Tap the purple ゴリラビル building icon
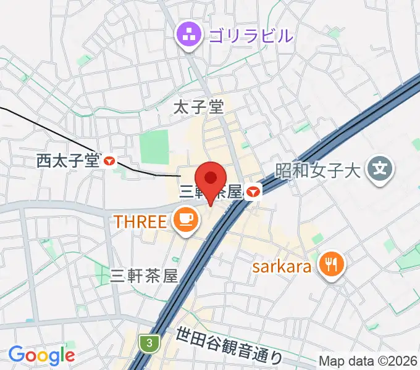coord(186,35)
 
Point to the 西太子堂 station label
coord(67,161)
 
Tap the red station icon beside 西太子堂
coord(110,161)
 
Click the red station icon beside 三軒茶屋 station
coord(253,192)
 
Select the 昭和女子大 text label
coord(317,168)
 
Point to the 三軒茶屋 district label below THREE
coord(143,276)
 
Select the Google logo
coord(41,355)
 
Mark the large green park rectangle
coord(154,147)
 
